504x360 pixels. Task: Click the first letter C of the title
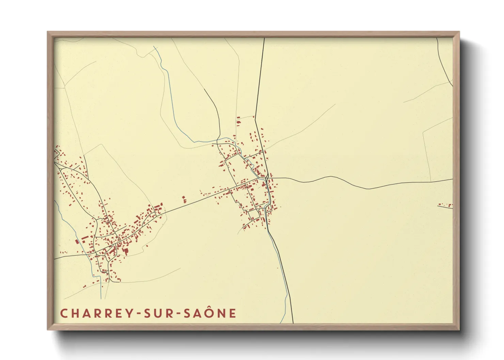pos(63,313)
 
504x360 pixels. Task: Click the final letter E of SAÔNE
pos(233,313)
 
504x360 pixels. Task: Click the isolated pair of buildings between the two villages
pos(184,199)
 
